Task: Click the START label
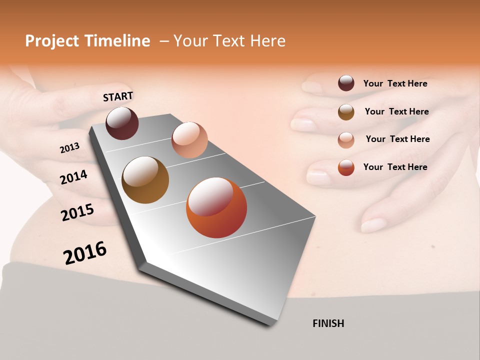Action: (x=118, y=96)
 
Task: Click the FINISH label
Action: (x=328, y=323)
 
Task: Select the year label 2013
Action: (x=70, y=148)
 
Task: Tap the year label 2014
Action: (x=74, y=177)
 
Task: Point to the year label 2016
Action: (x=85, y=253)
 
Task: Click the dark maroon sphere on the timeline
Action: (x=122, y=123)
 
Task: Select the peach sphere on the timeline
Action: (x=189, y=140)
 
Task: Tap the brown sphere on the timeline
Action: (x=145, y=180)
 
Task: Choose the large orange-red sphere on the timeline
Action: (x=216, y=207)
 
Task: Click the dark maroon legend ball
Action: (x=346, y=83)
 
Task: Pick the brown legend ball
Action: (x=346, y=112)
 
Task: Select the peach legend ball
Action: (x=346, y=139)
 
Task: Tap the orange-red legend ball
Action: (x=346, y=167)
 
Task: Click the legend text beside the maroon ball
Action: (x=395, y=83)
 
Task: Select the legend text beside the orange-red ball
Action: (x=395, y=167)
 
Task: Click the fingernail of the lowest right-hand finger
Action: (x=372, y=225)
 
